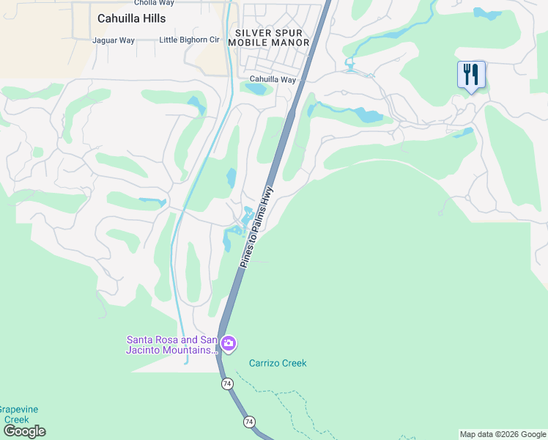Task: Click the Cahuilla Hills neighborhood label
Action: coord(131,18)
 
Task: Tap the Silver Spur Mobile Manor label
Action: coord(269,37)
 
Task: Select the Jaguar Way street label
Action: coord(114,40)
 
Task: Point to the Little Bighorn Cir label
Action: coord(188,40)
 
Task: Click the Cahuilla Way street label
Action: coord(273,79)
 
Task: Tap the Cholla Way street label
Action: coord(153,2)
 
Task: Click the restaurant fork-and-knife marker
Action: coord(471,75)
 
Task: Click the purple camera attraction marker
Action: coord(229,343)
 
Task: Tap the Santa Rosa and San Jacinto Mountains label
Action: coord(172,345)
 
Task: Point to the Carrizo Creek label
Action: coord(277,363)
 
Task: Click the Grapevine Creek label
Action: coord(18,414)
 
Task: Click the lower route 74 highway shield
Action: coord(250,422)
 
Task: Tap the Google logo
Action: coord(23,431)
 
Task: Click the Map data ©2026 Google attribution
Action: coord(503,434)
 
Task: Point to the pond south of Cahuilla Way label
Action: coord(256,89)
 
